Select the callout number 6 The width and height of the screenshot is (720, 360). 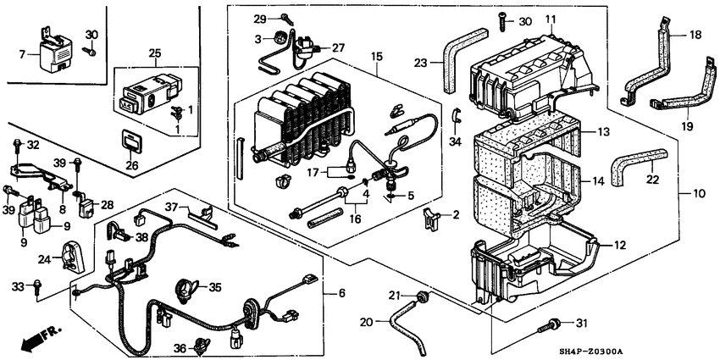(x=342, y=293)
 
